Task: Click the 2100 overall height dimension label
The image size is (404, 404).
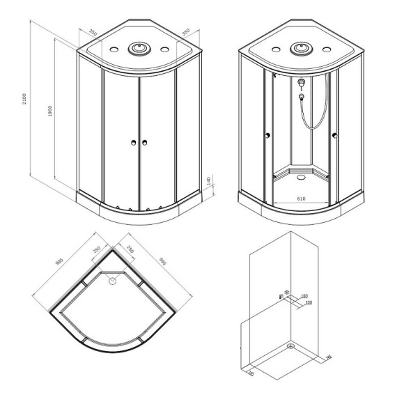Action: click(24, 100)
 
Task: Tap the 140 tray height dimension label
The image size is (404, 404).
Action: click(208, 182)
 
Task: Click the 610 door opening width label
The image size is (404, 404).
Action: click(301, 199)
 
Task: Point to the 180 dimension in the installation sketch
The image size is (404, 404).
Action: click(304, 295)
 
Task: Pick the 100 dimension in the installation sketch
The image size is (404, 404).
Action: click(308, 302)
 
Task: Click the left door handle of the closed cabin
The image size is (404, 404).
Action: click(132, 143)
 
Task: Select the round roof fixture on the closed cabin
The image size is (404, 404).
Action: click(139, 49)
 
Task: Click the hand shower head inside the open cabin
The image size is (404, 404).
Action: click(301, 84)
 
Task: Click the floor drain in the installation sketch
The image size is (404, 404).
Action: click(292, 345)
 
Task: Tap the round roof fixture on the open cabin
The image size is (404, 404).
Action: click(301, 49)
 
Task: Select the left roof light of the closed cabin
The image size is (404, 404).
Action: click(114, 50)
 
